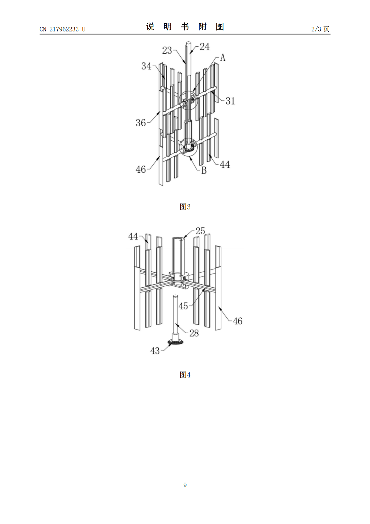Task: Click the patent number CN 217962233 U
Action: [x=62, y=29]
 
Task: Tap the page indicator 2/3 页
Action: [x=320, y=29]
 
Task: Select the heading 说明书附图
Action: [x=185, y=27]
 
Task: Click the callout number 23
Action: [x=167, y=50]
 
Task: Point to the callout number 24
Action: [x=204, y=47]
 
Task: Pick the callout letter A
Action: [x=223, y=57]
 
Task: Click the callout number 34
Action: [x=146, y=66]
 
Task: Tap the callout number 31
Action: [x=230, y=101]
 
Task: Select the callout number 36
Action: [x=141, y=123]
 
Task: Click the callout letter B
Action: [x=204, y=170]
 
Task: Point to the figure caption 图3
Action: [x=185, y=207]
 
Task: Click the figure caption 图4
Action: [x=185, y=375]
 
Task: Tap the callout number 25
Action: [x=200, y=231]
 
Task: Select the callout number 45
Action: [x=183, y=306]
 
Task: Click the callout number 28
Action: [x=194, y=333]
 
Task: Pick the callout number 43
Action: [x=155, y=351]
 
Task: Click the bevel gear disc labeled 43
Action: [x=176, y=342]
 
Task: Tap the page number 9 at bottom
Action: [x=185, y=485]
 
